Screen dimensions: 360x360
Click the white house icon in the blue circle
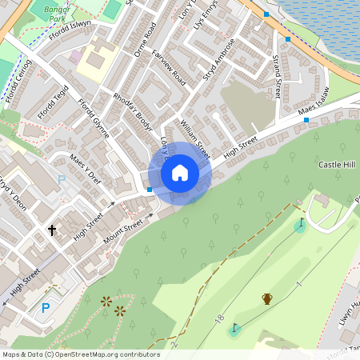(x=180, y=172)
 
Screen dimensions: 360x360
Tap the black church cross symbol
(x=53, y=230)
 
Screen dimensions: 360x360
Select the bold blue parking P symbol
(x=45, y=307)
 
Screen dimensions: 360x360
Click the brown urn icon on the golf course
(x=267, y=298)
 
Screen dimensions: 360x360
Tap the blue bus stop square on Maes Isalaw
(x=306, y=119)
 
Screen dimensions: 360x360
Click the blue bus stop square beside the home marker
(x=150, y=189)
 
